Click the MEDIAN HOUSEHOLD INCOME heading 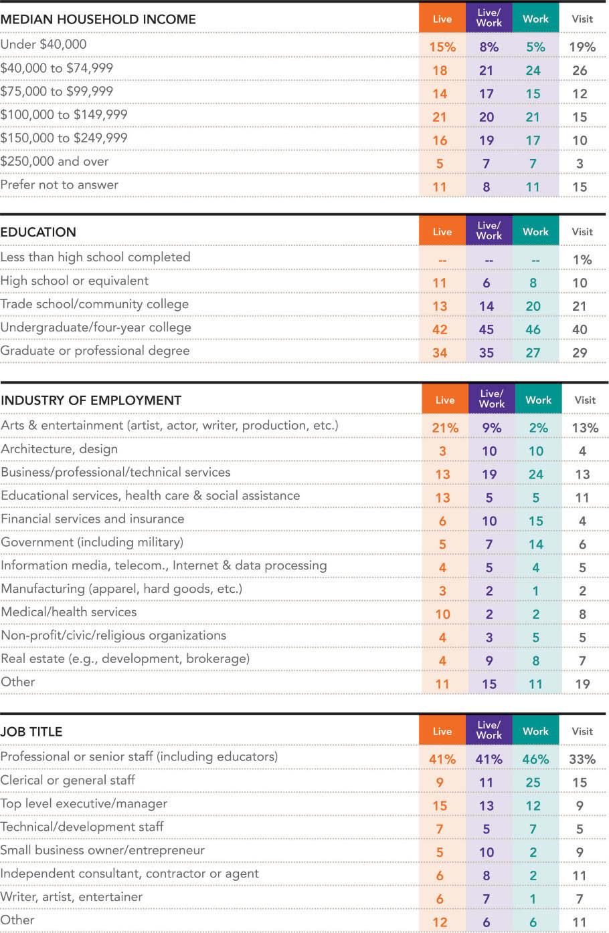click(98, 19)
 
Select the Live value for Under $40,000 click(442, 47)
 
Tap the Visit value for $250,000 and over click(580, 164)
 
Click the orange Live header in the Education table click(442, 231)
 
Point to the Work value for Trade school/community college click(533, 306)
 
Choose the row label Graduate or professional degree click(95, 351)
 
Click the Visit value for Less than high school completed click(582, 259)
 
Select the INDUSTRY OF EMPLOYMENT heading click(91, 400)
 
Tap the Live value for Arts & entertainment click(445, 428)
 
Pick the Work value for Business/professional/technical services click(536, 475)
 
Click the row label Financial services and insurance click(92, 519)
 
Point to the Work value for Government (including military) click(536, 545)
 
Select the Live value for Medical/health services click(442, 614)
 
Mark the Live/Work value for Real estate click(489, 661)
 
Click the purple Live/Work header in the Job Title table click(489, 730)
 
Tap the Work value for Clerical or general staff click(533, 783)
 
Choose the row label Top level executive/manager click(84, 803)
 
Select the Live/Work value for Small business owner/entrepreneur click(487, 852)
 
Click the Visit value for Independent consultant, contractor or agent click(580, 876)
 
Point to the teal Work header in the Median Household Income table click(535, 19)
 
